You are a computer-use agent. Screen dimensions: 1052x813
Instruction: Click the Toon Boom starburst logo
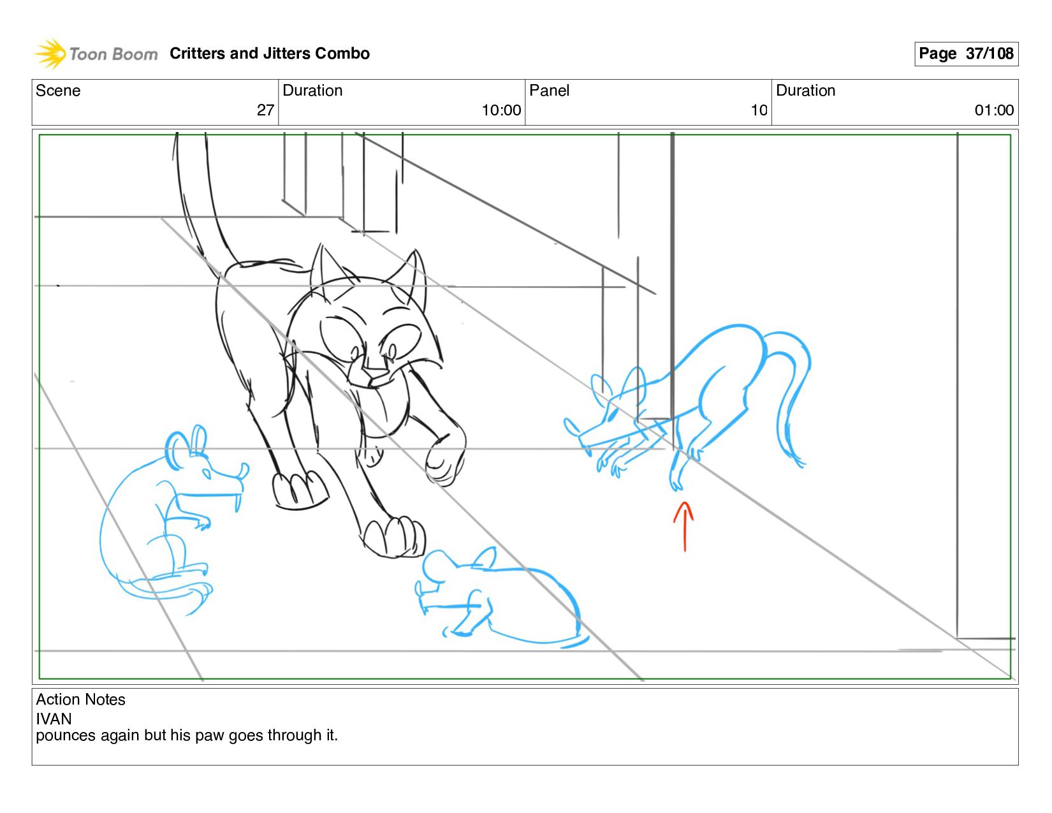click(50, 54)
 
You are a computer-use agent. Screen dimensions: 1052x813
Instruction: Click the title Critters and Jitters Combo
click(269, 54)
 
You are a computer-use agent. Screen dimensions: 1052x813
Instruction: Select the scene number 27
click(265, 110)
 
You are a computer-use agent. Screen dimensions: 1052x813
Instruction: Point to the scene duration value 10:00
click(500, 110)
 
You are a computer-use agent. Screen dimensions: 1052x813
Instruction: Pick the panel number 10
click(758, 110)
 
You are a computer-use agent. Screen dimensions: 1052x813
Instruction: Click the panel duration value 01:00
click(993, 110)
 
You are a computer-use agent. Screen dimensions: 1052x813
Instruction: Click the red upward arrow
click(683, 526)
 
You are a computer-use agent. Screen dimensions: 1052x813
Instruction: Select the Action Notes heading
click(80, 699)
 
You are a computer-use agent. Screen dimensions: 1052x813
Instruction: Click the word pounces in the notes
click(66, 736)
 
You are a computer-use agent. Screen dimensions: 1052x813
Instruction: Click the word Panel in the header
click(548, 91)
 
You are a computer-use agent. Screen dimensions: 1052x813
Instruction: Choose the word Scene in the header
click(57, 91)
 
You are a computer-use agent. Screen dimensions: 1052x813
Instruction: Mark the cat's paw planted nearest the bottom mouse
click(394, 538)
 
